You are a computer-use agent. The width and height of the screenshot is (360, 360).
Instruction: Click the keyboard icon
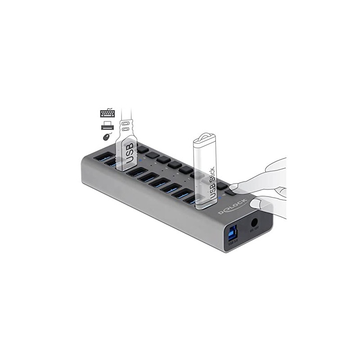107,113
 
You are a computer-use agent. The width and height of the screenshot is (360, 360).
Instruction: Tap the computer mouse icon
106,137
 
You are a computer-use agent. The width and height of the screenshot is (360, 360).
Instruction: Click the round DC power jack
254,223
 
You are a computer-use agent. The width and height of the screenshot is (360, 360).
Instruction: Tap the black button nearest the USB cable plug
142,149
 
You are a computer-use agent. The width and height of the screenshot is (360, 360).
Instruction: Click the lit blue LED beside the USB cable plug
141,159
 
